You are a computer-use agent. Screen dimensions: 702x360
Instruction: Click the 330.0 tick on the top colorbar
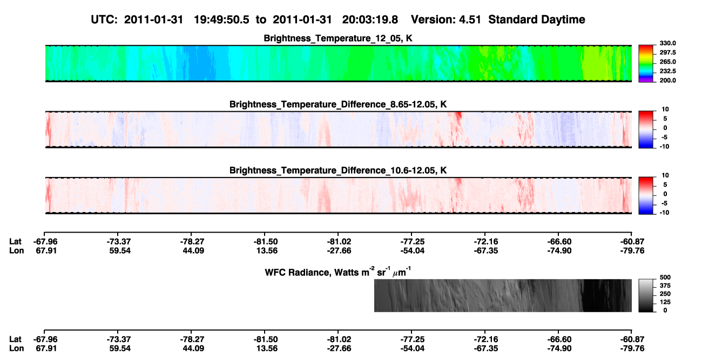click(x=667, y=43)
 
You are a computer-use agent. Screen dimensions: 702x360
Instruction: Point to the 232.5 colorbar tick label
click(x=667, y=71)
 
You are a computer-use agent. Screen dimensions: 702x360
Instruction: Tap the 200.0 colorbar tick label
click(x=667, y=80)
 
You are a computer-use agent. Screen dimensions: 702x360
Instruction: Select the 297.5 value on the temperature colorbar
click(x=667, y=53)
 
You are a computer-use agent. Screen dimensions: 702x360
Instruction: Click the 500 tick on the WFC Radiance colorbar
click(x=665, y=277)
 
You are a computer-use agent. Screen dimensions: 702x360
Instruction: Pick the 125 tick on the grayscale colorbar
click(x=665, y=302)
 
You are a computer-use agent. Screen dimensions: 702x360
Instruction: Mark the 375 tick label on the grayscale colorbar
click(x=665, y=286)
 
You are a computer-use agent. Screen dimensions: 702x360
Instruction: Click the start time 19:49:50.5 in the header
click(x=221, y=20)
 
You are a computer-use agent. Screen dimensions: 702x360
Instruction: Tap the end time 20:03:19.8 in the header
click(x=370, y=20)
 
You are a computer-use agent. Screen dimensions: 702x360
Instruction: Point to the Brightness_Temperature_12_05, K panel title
click(x=338, y=38)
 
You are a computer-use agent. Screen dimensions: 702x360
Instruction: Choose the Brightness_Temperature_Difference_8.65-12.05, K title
click(x=338, y=104)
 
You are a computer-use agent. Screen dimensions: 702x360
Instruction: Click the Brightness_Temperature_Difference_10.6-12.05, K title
click(x=338, y=171)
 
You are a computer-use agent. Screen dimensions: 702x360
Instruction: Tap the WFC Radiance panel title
click(x=338, y=272)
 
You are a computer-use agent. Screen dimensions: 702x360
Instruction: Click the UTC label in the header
click(x=104, y=20)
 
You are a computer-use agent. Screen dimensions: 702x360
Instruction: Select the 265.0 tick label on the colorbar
click(x=667, y=62)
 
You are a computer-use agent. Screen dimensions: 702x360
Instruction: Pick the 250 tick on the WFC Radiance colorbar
click(x=665, y=294)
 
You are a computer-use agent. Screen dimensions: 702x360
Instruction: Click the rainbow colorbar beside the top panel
click(x=646, y=64)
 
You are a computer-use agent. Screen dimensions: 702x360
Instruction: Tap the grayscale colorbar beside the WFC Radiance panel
click(x=646, y=295)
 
